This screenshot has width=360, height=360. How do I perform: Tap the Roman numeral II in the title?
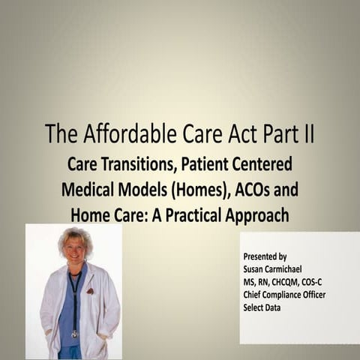305,134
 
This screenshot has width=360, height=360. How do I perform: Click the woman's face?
76,248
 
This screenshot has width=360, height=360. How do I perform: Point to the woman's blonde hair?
75,234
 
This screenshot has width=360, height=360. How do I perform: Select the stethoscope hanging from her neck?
74,300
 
